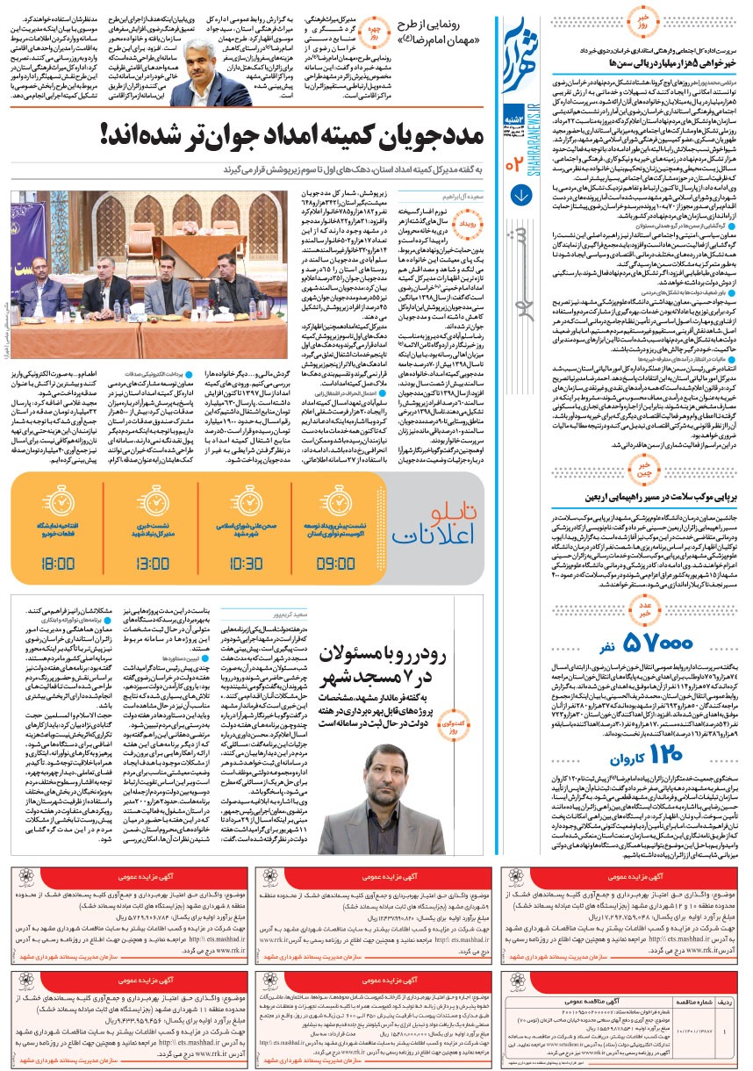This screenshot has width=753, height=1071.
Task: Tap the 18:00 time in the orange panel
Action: (58, 562)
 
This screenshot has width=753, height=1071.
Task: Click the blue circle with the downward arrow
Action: (519, 195)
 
